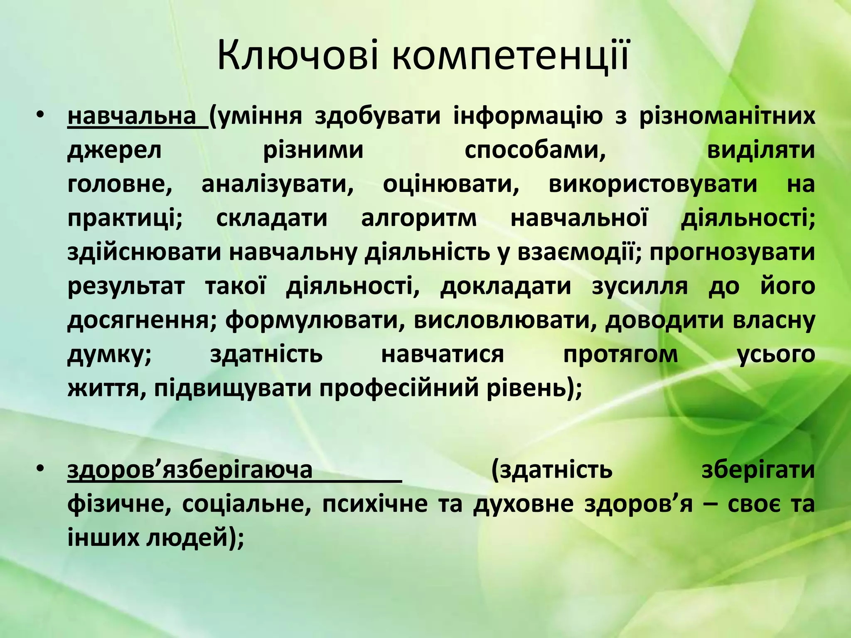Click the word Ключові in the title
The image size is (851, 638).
click(x=298, y=55)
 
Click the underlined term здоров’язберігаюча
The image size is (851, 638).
click(x=190, y=470)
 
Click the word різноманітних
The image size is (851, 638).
click(x=727, y=116)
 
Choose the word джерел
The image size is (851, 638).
click(x=114, y=150)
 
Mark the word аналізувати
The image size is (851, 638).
click(x=277, y=184)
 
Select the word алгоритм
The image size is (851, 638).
click(x=419, y=218)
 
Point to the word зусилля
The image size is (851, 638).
click(x=640, y=286)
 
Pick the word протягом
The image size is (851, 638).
click(x=620, y=354)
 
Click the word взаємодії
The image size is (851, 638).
click(x=577, y=252)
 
